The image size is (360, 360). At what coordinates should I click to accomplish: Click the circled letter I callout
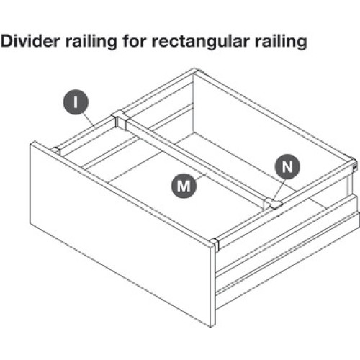tap(76, 102)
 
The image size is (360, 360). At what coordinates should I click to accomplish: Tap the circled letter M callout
tap(184, 186)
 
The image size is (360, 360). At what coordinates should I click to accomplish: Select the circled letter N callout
tap(287, 166)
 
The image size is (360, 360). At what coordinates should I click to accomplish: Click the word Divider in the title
tap(30, 41)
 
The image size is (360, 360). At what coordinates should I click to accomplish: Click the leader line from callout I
tap(89, 120)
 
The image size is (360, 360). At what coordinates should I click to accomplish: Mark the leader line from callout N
tap(280, 189)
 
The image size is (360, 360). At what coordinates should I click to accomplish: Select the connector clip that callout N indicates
tap(273, 204)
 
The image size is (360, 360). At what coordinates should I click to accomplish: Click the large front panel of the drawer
tap(120, 234)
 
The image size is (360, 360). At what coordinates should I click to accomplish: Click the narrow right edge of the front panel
tap(213, 286)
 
